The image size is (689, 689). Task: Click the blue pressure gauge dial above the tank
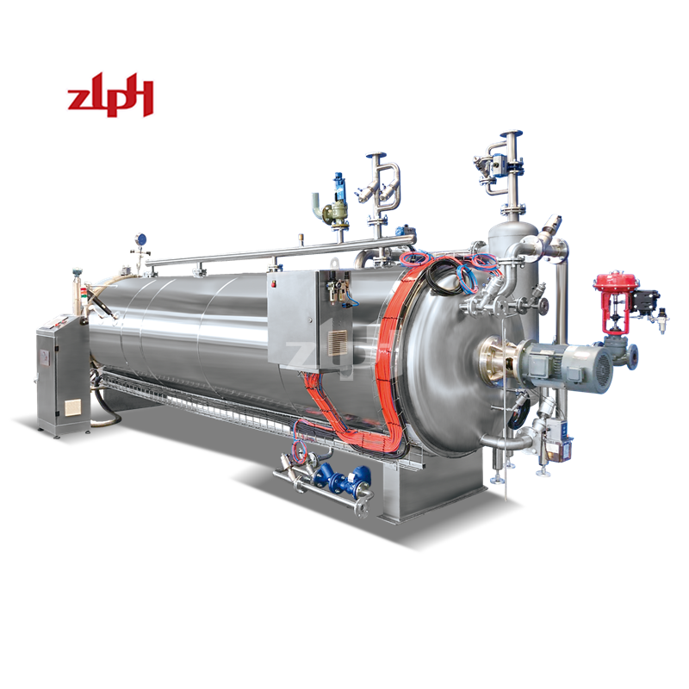tap(141, 239)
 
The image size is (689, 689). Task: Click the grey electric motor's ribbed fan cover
tap(599, 369)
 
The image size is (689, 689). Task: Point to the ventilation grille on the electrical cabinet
tap(337, 343)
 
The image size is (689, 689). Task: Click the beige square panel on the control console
tap(71, 407)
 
